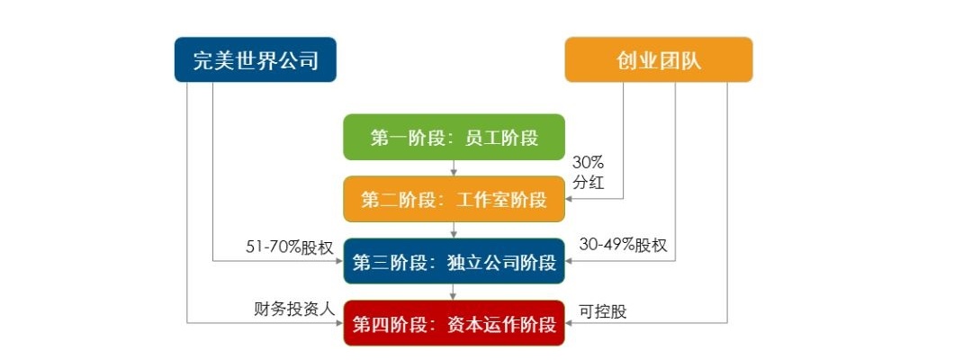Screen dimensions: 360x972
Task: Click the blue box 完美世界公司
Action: pyautogui.click(x=255, y=59)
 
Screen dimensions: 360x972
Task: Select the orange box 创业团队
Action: pyautogui.click(x=658, y=59)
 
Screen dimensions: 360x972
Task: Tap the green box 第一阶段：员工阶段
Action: pyautogui.click(x=454, y=138)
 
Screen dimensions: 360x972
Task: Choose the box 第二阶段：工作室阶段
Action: pyautogui.click(x=454, y=199)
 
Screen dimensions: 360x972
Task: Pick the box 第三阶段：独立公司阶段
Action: pyautogui.click(x=454, y=262)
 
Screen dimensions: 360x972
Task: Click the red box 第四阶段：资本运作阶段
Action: pyautogui.click(x=454, y=323)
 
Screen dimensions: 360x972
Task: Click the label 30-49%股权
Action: pyautogui.click(x=623, y=246)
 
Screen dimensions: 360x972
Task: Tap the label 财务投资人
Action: pyautogui.click(x=293, y=308)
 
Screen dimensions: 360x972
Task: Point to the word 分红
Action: pyautogui.click(x=589, y=183)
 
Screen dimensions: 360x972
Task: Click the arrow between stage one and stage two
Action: pyautogui.click(x=454, y=168)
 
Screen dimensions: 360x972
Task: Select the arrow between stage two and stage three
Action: pyautogui.click(x=454, y=230)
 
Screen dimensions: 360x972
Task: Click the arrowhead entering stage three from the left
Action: pyautogui.click(x=339, y=262)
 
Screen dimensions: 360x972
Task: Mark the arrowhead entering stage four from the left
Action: pyautogui.click(x=339, y=322)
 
